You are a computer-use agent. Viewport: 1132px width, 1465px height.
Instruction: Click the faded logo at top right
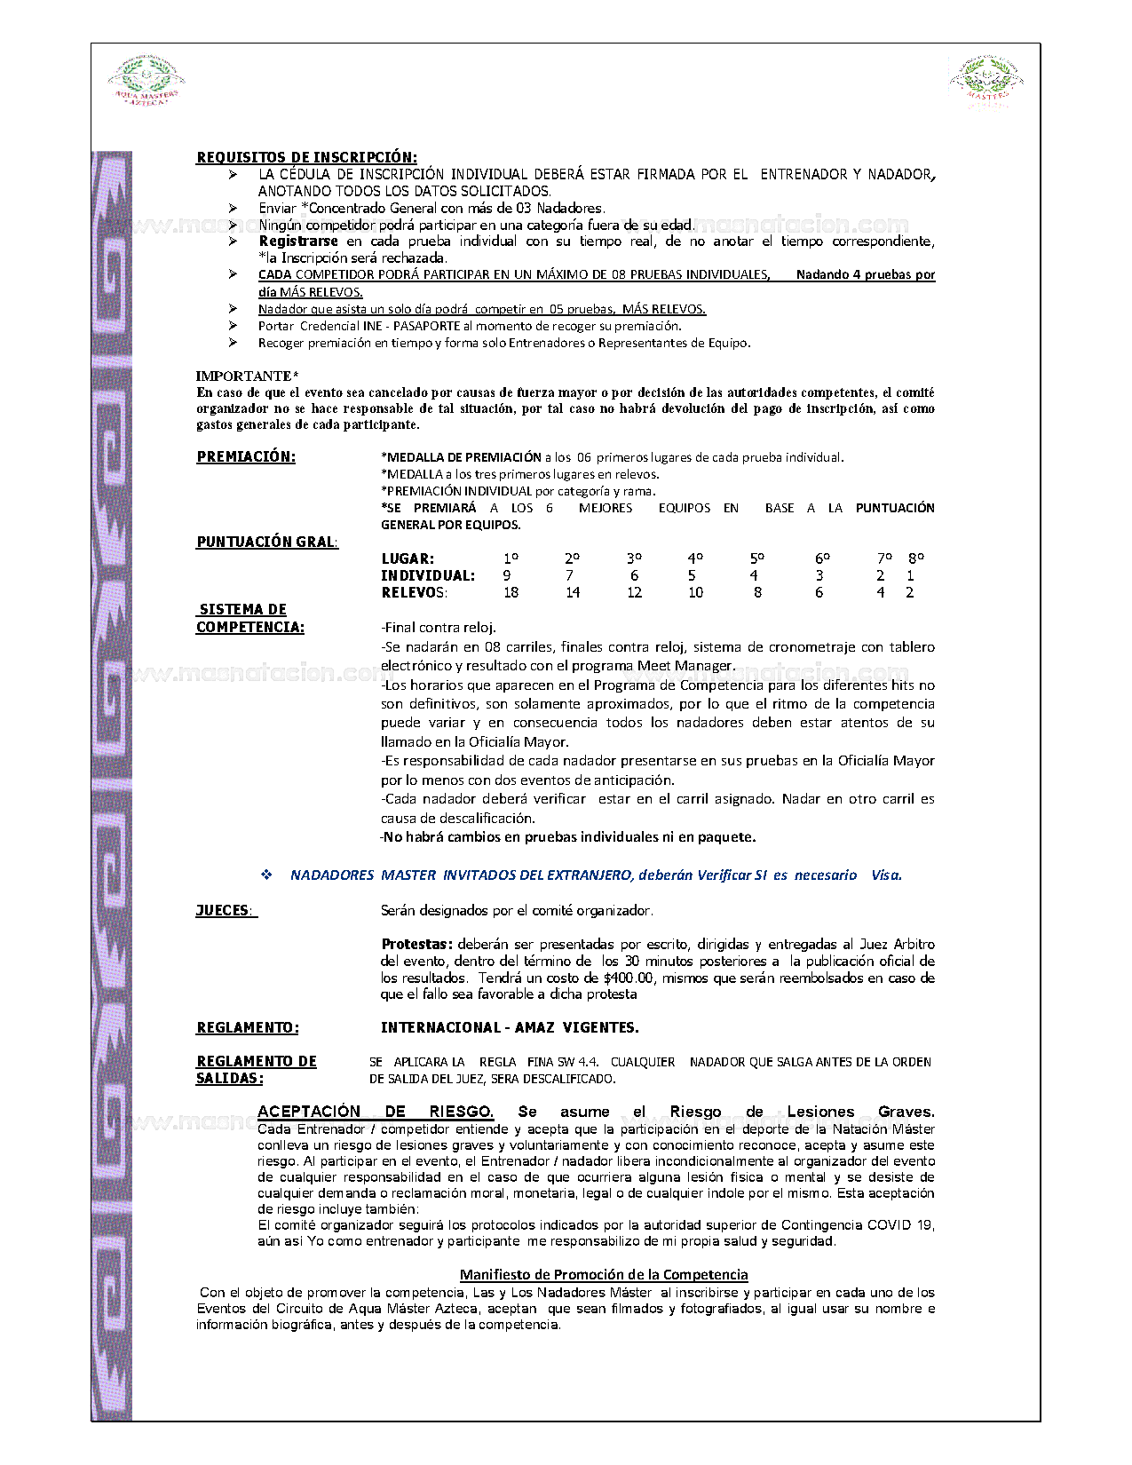point(986,83)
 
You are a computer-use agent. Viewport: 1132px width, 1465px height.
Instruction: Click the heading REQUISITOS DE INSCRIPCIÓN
point(306,157)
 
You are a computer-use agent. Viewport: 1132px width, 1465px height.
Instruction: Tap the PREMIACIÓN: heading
point(246,456)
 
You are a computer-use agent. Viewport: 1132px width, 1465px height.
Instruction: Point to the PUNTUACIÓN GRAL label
point(266,542)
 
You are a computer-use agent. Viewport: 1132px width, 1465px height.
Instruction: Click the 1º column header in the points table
point(511,558)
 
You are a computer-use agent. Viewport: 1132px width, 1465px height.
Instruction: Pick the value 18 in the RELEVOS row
point(511,592)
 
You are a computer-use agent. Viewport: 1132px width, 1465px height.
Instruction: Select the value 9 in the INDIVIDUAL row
point(507,575)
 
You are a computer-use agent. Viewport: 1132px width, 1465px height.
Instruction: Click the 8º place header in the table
point(915,558)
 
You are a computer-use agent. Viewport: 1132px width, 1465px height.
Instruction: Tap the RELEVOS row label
point(414,592)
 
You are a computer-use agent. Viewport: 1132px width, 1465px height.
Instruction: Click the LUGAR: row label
point(408,558)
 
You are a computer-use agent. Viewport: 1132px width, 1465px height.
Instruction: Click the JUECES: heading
point(225,910)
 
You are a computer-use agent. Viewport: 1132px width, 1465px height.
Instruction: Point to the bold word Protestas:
point(416,944)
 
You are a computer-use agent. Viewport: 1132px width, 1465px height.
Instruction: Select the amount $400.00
point(628,978)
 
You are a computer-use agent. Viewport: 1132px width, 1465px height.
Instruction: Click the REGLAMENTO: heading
point(247,1027)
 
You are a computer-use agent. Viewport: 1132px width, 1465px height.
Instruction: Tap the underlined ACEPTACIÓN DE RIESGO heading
point(375,1112)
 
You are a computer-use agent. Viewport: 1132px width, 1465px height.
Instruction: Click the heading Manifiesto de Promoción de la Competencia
point(604,1274)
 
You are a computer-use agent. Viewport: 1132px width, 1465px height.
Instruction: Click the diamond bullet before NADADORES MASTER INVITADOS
point(266,875)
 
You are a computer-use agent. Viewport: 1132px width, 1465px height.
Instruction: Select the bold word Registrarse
point(298,242)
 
